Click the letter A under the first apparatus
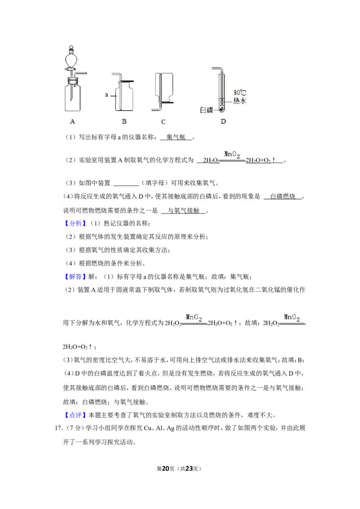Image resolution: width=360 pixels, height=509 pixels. (x=72, y=121)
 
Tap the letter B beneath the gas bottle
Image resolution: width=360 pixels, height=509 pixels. (x=124, y=121)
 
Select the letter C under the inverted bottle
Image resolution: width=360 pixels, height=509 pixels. (x=163, y=122)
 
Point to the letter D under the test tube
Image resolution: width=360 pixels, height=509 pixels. (x=223, y=121)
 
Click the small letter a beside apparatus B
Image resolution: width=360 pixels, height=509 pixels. (x=106, y=95)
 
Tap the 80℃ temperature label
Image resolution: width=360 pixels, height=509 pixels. (x=239, y=93)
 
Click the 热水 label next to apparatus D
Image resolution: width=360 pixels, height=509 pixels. (x=239, y=101)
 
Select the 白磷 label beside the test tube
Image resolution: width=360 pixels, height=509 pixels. (x=206, y=110)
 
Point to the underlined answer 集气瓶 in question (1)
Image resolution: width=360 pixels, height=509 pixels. (x=176, y=137)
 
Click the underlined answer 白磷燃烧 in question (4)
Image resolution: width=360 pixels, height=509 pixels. (x=283, y=196)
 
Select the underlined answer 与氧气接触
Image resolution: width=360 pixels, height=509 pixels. (x=183, y=211)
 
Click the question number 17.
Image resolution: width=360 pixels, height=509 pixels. (x=58, y=428)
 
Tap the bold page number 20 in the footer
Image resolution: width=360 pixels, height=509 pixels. (x=166, y=469)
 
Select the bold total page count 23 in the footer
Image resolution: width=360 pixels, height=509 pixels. (x=189, y=469)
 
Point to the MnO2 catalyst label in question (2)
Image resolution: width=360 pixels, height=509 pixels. (x=232, y=155)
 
